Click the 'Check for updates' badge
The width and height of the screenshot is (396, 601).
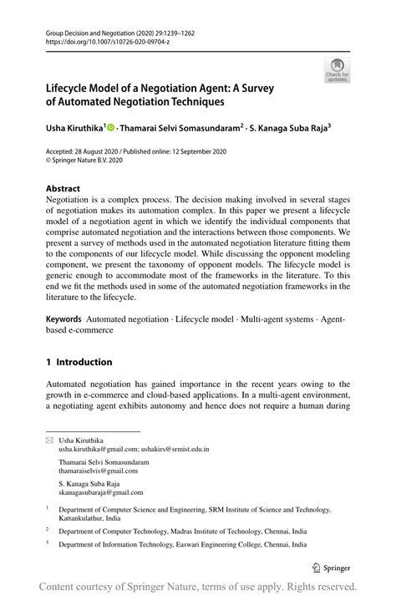pyautogui.click(x=338, y=70)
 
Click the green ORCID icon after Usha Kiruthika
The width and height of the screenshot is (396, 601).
pyautogui.click(x=112, y=129)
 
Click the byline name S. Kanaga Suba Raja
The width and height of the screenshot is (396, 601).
pyautogui.click(x=288, y=129)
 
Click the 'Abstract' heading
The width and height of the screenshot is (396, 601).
pyautogui.click(x=63, y=189)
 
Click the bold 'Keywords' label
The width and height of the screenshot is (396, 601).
pyautogui.click(x=63, y=319)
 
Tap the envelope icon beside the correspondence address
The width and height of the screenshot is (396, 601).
pyautogui.click(x=48, y=440)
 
